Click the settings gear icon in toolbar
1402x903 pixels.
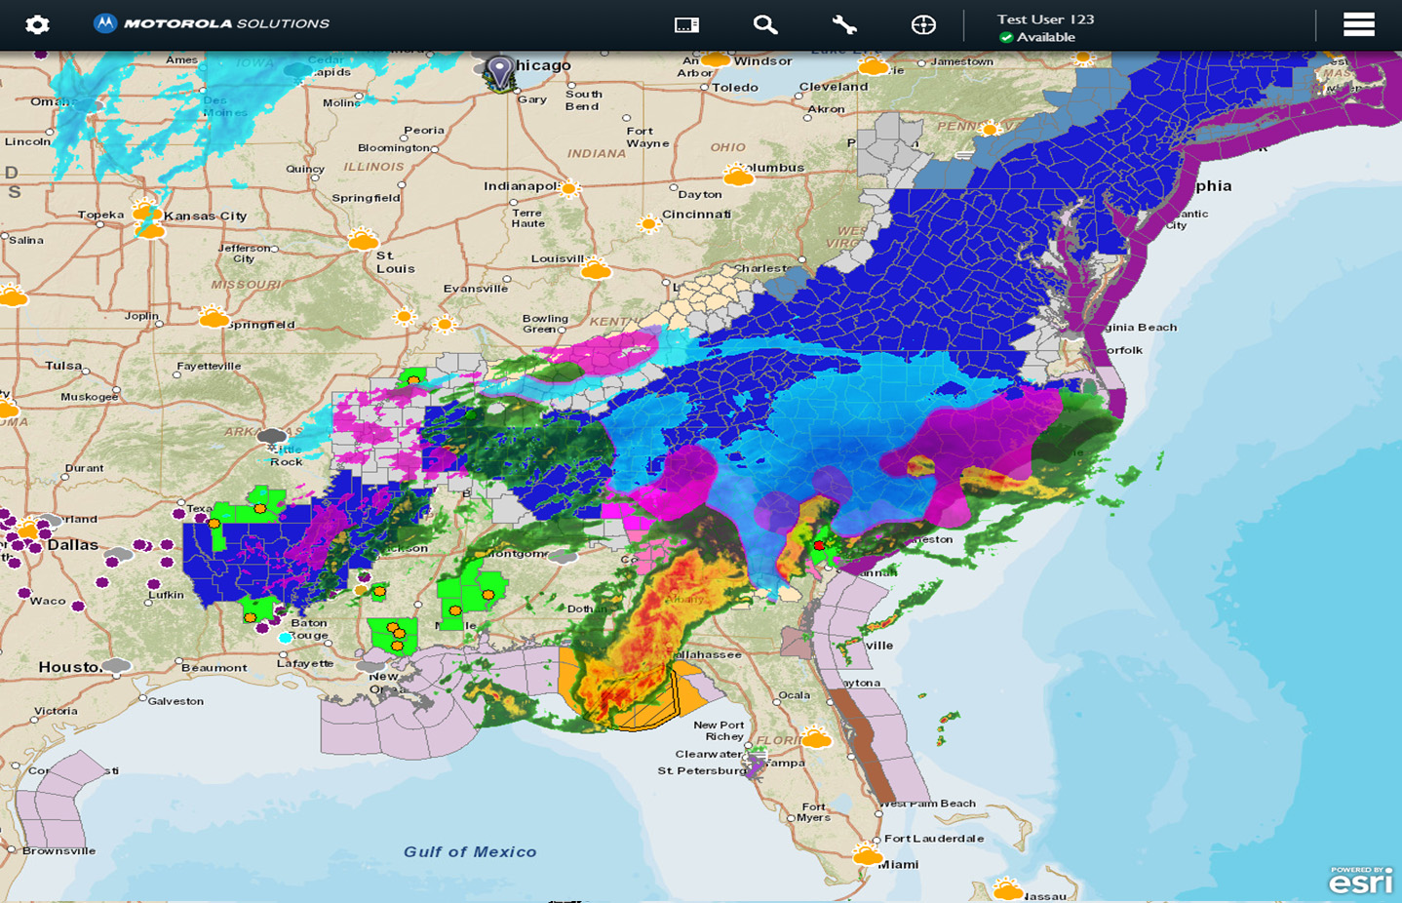coord(37,24)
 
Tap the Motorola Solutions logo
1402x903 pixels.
coord(212,23)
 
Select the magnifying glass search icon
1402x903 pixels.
coord(765,25)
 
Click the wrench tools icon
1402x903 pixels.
coord(844,25)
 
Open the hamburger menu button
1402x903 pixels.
coord(1358,24)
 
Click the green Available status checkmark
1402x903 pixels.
coord(1005,38)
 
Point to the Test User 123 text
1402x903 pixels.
coord(1045,19)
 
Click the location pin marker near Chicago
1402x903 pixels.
coord(499,71)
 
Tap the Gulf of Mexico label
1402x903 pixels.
coord(470,852)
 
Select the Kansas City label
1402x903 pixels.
coord(205,216)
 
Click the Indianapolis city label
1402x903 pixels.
coord(522,185)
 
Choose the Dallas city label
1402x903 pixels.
coord(73,545)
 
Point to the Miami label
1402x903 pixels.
coord(897,864)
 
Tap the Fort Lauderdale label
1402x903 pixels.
coord(933,839)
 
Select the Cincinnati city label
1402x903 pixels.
coord(695,215)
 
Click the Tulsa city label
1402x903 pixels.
coord(63,366)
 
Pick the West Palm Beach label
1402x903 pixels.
coord(927,804)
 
